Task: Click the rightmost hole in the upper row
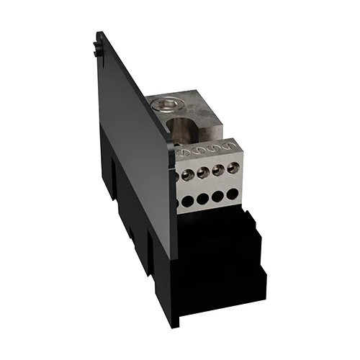pos(233,168)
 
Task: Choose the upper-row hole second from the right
pos(217,171)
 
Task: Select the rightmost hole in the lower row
pos(232,194)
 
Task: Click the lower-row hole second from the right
pos(217,197)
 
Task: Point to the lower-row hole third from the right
pos(202,199)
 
